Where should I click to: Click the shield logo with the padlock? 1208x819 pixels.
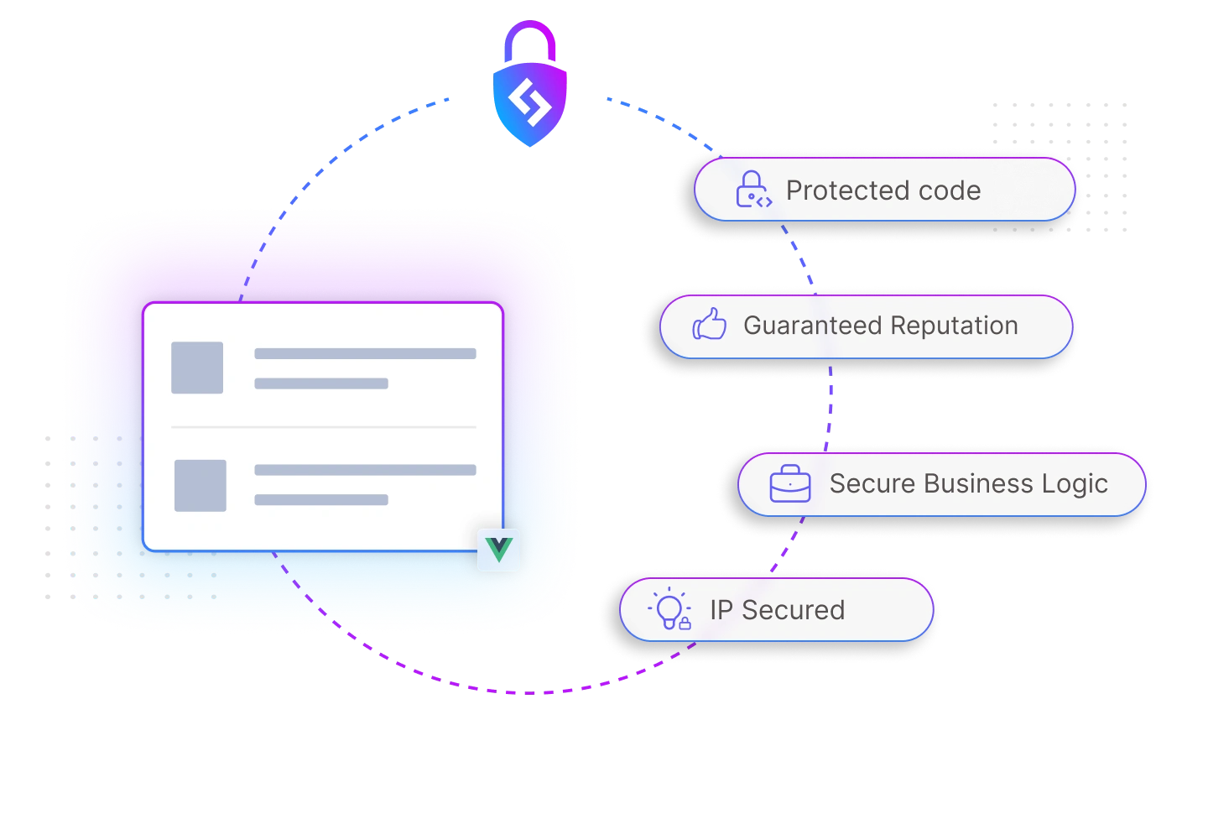coord(529,105)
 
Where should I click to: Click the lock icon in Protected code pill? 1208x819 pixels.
coord(752,190)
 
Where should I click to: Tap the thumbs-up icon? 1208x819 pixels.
coord(710,325)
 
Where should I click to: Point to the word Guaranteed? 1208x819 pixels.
coord(810,326)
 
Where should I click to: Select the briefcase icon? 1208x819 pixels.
coord(790,484)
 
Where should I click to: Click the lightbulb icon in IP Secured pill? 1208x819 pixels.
coord(670,609)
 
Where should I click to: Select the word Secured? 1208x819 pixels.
coord(793,610)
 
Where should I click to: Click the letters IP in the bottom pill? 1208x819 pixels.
coord(721,610)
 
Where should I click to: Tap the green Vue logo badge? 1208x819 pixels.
coord(499,550)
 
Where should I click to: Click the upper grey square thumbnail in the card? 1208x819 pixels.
coord(197,368)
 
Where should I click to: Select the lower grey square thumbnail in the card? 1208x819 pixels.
coord(200,485)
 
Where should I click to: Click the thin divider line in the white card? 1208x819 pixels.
coord(324,427)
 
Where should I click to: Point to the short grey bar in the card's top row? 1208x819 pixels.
coord(321,383)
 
